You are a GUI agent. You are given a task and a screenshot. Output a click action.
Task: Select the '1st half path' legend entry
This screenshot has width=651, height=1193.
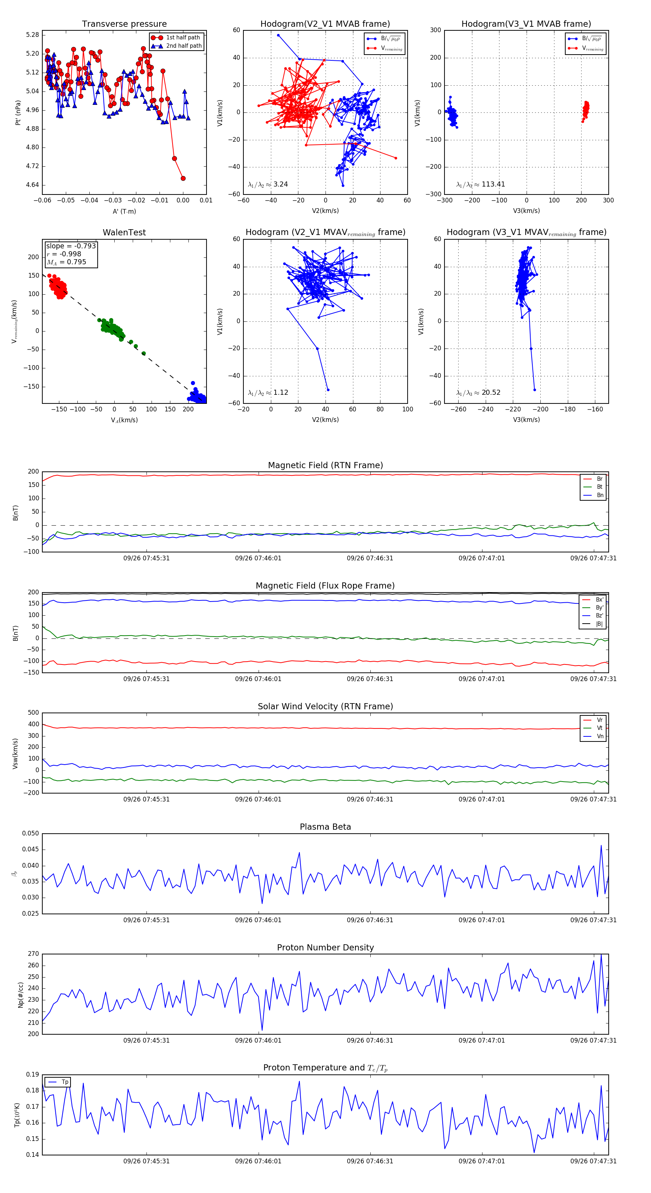tap(183, 38)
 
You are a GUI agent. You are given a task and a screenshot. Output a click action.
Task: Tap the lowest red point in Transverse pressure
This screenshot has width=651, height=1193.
tap(183, 178)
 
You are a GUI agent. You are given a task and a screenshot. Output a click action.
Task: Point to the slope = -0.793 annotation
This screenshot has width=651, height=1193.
tap(71, 246)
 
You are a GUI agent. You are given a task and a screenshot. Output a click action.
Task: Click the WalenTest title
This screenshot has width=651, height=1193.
tap(124, 232)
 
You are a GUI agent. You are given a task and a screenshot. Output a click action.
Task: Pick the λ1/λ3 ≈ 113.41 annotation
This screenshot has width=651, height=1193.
tap(481, 184)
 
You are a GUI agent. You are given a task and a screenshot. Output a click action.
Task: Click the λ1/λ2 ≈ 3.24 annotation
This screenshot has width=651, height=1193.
tap(268, 184)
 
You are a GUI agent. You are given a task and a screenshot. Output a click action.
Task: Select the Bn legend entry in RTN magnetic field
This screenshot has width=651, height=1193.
tap(600, 495)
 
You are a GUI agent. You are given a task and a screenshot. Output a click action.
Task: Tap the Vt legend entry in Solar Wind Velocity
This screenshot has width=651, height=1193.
tap(600, 728)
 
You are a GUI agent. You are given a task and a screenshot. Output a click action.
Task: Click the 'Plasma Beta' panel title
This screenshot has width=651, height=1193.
tap(325, 827)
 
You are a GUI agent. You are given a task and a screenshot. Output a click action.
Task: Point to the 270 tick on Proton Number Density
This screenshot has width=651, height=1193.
tap(33, 954)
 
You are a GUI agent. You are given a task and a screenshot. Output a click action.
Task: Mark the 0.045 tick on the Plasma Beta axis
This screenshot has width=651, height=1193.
tap(31, 849)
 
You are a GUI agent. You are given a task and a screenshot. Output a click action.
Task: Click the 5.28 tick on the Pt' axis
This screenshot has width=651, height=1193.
tap(33, 35)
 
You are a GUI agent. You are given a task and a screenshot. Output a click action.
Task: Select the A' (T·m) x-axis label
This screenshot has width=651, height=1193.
tap(124, 211)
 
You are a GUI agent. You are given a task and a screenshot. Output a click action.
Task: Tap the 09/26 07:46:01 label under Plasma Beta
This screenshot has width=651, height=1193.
tap(258, 920)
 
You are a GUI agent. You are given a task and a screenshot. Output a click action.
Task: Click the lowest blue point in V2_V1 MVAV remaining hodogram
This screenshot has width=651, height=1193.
tap(328, 390)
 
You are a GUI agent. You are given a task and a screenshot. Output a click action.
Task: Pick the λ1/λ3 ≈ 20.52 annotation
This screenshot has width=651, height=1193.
tap(478, 393)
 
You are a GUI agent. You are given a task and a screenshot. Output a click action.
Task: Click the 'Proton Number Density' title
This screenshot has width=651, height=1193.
tap(325, 948)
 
